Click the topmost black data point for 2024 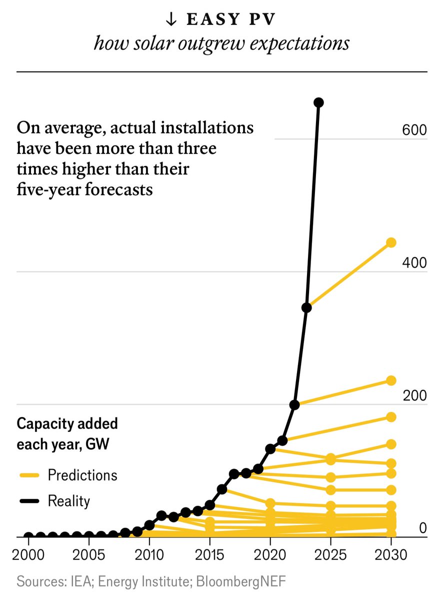[x=318, y=102]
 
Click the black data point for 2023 [x=307, y=307]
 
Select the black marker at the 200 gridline [x=294, y=404]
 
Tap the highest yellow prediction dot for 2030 [x=391, y=242]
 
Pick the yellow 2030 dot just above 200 [x=391, y=380]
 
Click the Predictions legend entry [x=82, y=474]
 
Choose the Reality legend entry [x=69, y=500]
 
